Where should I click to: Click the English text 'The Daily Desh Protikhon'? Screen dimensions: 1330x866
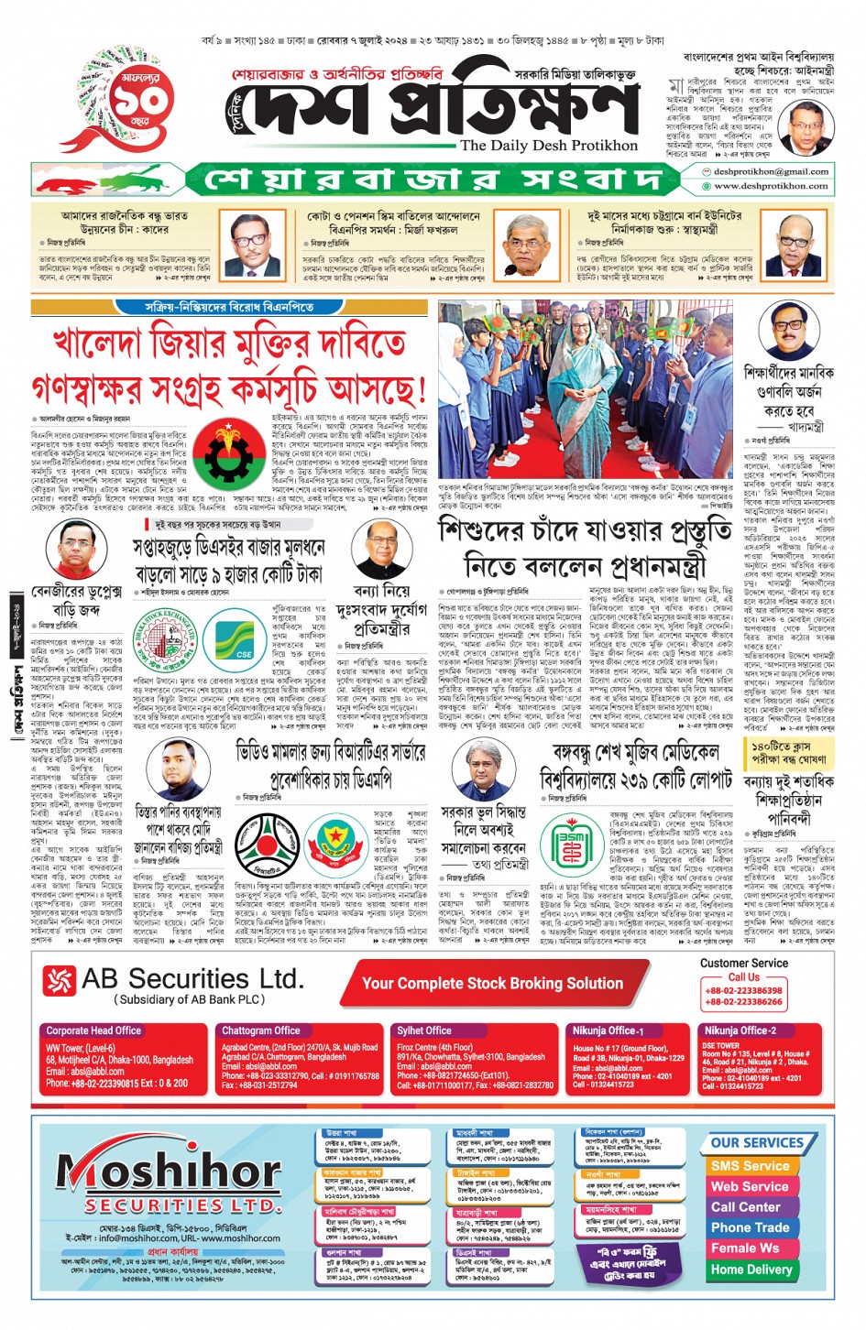coord(548,146)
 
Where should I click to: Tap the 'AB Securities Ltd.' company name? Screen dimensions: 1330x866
coord(192,979)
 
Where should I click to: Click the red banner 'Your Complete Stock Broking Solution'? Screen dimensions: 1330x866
coord(492,983)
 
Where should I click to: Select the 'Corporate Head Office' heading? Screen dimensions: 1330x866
coord(93,1030)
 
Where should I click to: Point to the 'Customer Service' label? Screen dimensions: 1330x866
coord(743,963)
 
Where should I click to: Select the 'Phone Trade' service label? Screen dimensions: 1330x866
coord(750,1227)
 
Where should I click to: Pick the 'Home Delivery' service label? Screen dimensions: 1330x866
coord(751,1270)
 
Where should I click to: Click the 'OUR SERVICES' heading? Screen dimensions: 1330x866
coord(756,1143)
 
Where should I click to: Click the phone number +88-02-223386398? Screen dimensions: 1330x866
coord(743,990)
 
